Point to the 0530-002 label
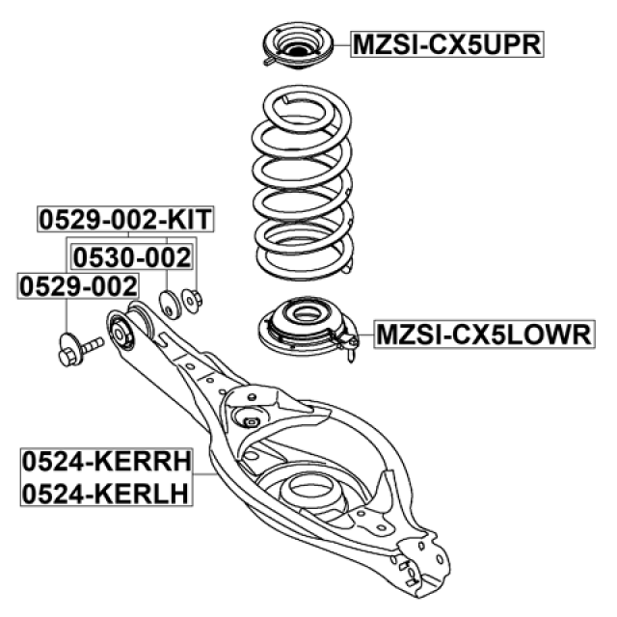click(x=132, y=257)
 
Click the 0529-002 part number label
click(x=77, y=285)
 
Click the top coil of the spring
click(x=300, y=104)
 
